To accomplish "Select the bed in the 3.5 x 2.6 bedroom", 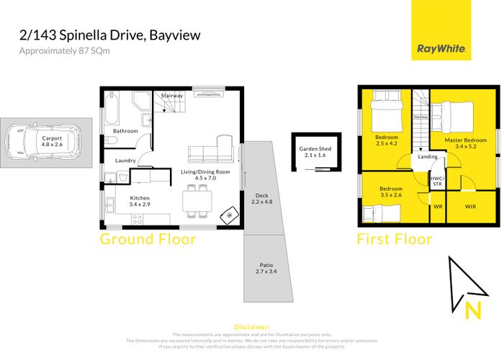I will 374,215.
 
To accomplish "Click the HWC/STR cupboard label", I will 436,181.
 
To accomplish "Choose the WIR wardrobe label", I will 471,206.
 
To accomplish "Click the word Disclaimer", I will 252,326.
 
